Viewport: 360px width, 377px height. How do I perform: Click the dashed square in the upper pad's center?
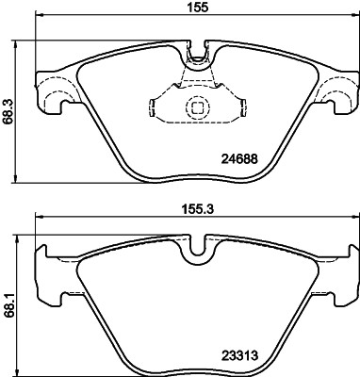click(x=197, y=107)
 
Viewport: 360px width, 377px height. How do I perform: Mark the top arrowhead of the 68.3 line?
click(x=20, y=44)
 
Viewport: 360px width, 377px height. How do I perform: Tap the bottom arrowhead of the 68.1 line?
click(x=20, y=369)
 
